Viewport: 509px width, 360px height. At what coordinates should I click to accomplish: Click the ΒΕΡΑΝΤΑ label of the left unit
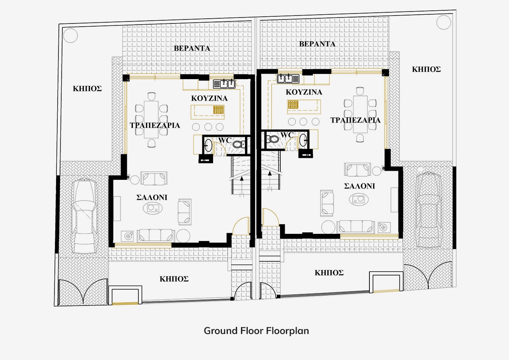coord(192,48)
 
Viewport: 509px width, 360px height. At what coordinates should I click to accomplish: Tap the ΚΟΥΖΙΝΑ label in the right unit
coord(304,92)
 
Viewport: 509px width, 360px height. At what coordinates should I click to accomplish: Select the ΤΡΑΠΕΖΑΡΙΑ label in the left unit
coord(155,125)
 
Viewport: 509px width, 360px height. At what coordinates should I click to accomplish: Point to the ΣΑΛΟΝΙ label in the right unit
coord(359,186)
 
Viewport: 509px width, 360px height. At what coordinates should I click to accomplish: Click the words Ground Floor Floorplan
coord(256,331)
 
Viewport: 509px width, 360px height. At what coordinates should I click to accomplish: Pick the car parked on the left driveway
coord(84,216)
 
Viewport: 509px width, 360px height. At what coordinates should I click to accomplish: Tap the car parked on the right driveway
coord(429,210)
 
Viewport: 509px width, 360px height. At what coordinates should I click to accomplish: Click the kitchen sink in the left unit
coord(225,84)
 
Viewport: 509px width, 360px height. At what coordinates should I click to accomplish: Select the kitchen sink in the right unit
coord(288,79)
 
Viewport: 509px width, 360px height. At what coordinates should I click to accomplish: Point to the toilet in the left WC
coord(239,144)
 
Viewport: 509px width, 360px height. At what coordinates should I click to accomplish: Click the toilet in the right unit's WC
coord(272,139)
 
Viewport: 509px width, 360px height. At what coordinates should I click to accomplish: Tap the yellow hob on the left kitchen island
coord(218,110)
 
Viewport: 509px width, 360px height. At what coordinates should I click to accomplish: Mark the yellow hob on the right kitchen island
coord(293,105)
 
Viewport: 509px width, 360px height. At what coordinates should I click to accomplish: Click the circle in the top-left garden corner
coord(70,35)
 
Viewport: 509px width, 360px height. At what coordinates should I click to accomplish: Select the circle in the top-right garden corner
coord(443,22)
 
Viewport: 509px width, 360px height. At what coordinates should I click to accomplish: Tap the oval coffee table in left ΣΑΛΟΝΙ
coord(153,208)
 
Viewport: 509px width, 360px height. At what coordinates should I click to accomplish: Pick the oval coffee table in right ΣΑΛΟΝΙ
coord(359,199)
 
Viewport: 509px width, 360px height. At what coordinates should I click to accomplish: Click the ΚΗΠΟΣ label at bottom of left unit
coord(174,279)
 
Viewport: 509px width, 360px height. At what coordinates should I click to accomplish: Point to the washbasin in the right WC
coord(303,140)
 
